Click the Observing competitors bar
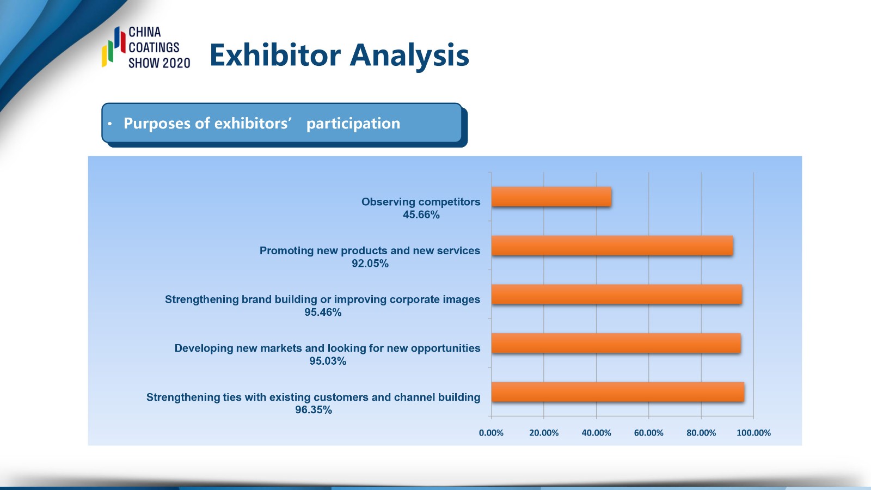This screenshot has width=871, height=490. (x=551, y=197)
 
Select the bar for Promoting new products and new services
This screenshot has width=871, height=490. (x=612, y=246)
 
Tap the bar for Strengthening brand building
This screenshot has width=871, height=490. (x=617, y=295)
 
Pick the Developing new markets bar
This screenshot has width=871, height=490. (x=616, y=344)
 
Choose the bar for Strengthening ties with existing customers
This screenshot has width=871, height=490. (x=618, y=392)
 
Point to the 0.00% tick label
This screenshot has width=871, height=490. (x=491, y=433)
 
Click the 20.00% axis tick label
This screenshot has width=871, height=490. (x=544, y=433)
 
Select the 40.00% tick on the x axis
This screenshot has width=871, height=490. (x=596, y=433)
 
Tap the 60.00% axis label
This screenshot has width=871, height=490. (x=648, y=433)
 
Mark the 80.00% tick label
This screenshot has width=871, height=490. (x=701, y=433)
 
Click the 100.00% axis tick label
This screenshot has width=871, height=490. (x=753, y=433)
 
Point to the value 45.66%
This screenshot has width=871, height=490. (x=421, y=215)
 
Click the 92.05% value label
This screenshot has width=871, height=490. (x=370, y=264)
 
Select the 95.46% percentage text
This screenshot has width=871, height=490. (x=323, y=313)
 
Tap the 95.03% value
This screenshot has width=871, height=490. (x=328, y=362)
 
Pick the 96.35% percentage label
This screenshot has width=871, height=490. (x=314, y=410)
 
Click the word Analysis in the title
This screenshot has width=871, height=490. (x=409, y=56)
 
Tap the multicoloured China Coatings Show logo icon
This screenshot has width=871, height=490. (x=114, y=47)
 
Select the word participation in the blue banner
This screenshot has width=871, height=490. (x=353, y=124)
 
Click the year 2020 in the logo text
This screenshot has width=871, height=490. (x=174, y=63)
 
